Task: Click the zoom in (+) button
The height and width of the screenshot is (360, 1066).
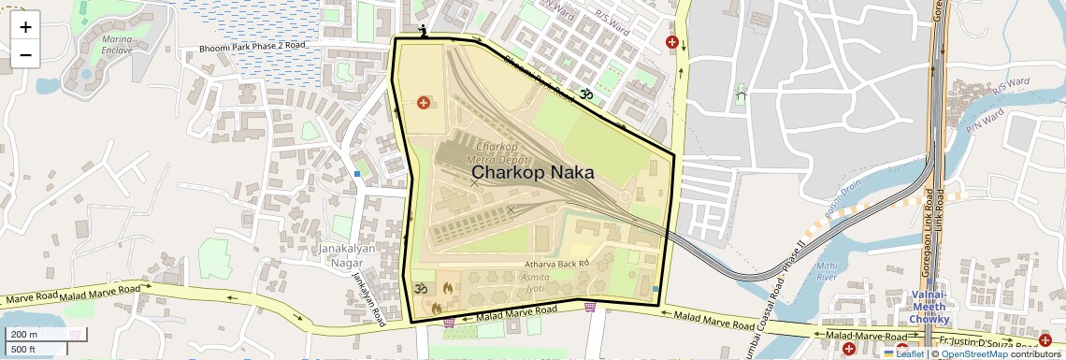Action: pyautogui.click(x=25, y=27)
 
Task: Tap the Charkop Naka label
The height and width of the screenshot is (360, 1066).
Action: pyautogui.click(x=532, y=172)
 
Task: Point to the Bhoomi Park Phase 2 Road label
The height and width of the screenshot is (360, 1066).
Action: pyautogui.click(x=252, y=46)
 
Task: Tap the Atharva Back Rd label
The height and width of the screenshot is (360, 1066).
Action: pyautogui.click(x=555, y=265)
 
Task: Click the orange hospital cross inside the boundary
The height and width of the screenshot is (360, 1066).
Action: pyautogui.click(x=424, y=101)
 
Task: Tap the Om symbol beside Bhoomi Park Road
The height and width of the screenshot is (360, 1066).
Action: pyautogui.click(x=587, y=94)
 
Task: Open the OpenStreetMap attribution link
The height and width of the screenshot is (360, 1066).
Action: pyautogui.click(x=973, y=353)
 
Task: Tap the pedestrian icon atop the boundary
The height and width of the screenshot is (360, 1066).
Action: pyautogui.click(x=425, y=31)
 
